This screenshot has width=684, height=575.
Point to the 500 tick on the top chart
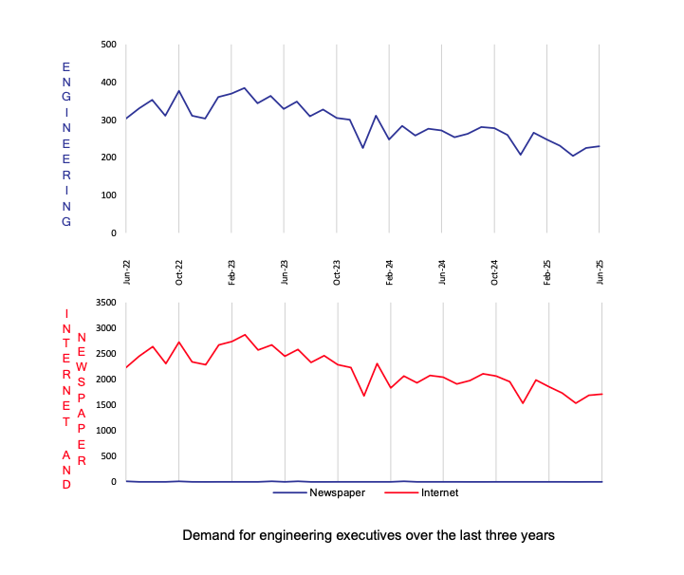pyautogui.click(x=108, y=45)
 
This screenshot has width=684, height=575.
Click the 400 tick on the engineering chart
pyautogui.click(x=108, y=83)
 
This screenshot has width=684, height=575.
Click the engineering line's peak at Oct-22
pyautogui.click(x=179, y=91)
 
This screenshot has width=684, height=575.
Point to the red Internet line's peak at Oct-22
pyautogui.click(x=179, y=342)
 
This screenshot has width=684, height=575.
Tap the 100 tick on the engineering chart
pyautogui.click(x=108, y=195)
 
